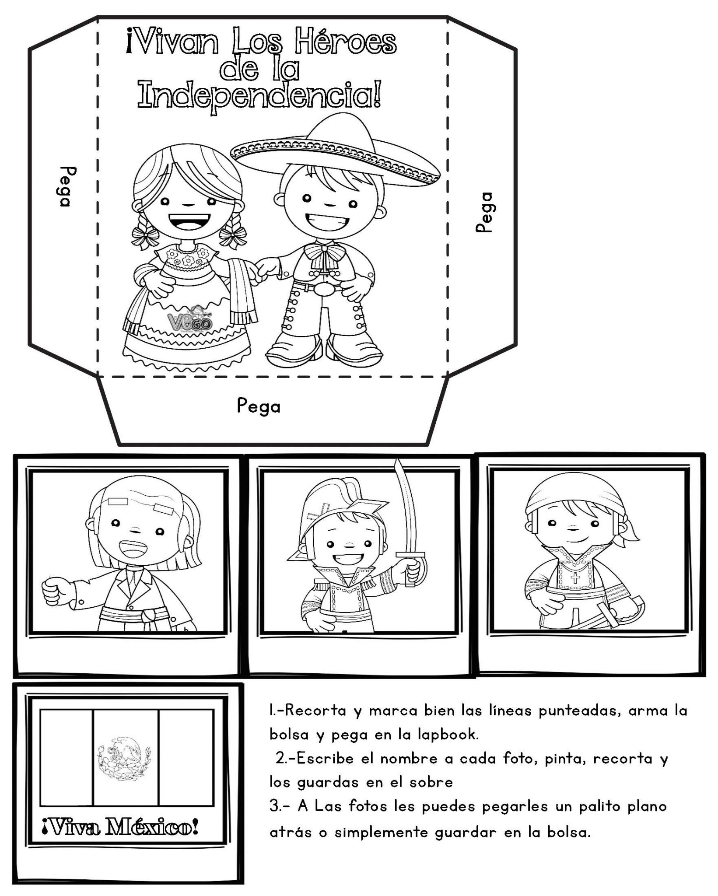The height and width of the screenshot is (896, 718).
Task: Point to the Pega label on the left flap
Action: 64,187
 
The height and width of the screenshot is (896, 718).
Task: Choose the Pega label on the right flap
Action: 485,212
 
